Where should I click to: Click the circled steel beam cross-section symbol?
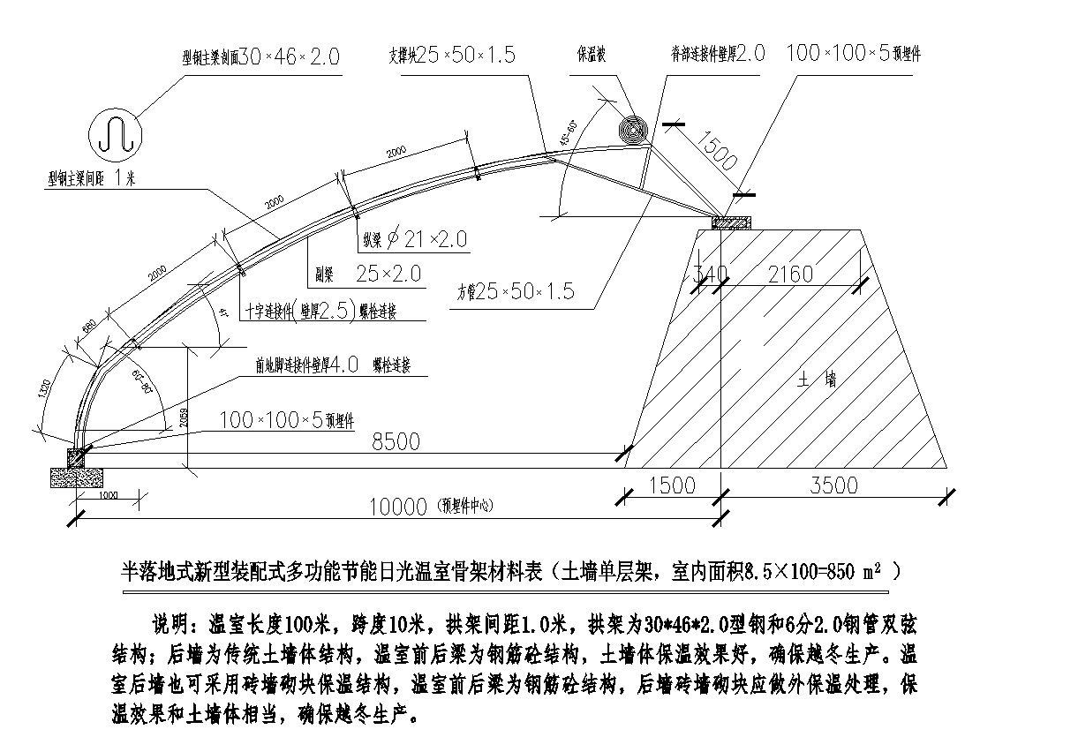(116, 135)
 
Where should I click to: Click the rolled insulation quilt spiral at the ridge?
(634, 131)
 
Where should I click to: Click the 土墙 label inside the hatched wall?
(817, 380)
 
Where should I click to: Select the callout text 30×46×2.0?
(289, 57)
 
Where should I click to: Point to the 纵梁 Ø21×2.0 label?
(413, 238)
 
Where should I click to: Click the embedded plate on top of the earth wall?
(731, 222)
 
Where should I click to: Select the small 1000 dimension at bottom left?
(108, 496)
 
